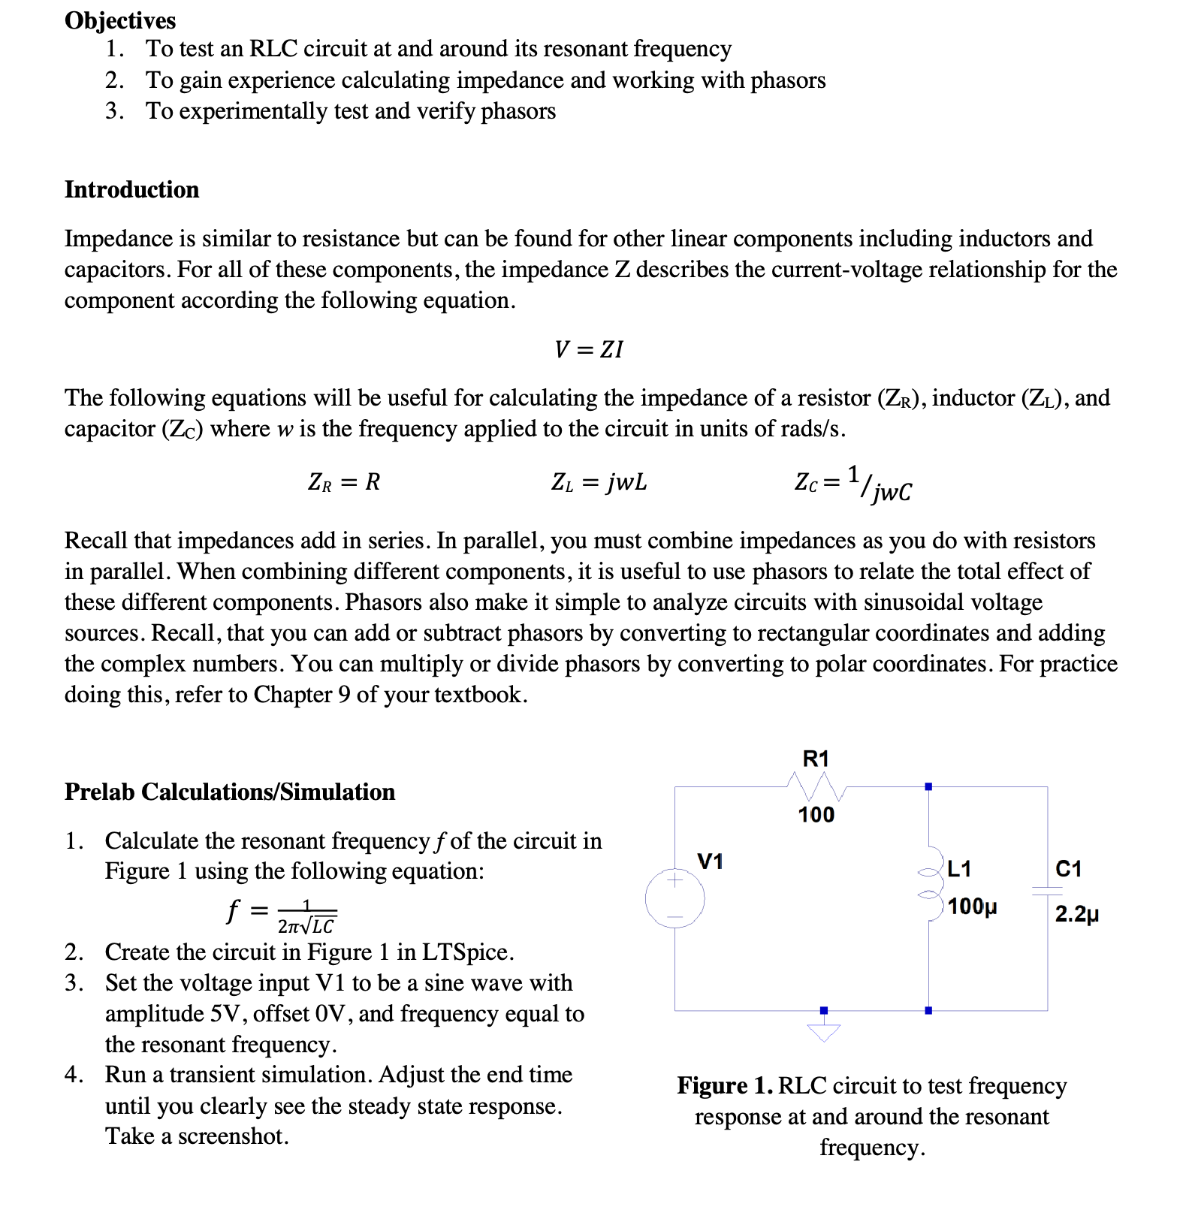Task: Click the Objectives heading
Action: pyautogui.click(x=120, y=20)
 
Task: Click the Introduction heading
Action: pyautogui.click(x=131, y=189)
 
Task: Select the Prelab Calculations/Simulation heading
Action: pyautogui.click(x=229, y=792)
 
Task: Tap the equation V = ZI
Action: pyautogui.click(x=589, y=349)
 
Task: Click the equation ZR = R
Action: pyautogui.click(x=344, y=481)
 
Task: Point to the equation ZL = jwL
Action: pyautogui.click(x=599, y=481)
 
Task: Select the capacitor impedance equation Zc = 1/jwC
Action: pyautogui.click(x=853, y=483)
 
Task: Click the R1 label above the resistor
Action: pyautogui.click(x=816, y=759)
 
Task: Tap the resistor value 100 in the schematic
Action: pyautogui.click(x=816, y=815)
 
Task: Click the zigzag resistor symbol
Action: pyautogui.click(x=816, y=787)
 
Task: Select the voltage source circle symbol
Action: pyautogui.click(x=674, y=898)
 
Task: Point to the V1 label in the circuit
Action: pyautogui.click(x=710, y=861)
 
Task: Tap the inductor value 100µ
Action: pyautogui.click(x=972, y=907)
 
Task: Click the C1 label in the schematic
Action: pyautogui.click(x=1068, y=869)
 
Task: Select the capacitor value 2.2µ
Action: pyautogui.click(x=1076, y=914)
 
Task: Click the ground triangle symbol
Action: pyautogui.click(x=824, y=1033)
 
